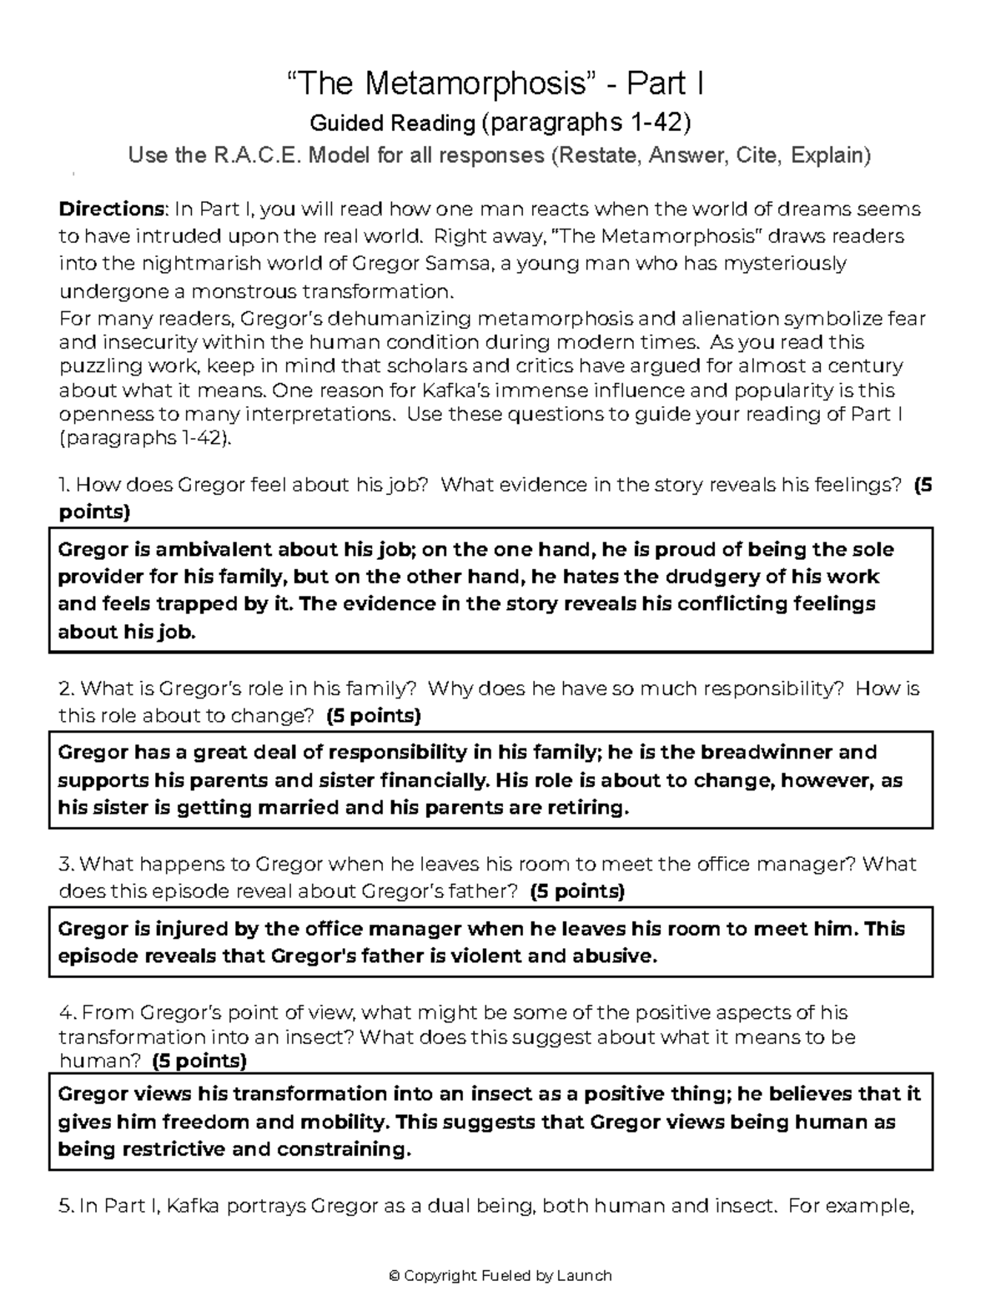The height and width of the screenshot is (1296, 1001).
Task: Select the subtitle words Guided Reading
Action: coord(392,124)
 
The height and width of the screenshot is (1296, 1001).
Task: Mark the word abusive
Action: coord(612,956)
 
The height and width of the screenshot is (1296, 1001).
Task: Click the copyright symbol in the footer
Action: coord(395,1275)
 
